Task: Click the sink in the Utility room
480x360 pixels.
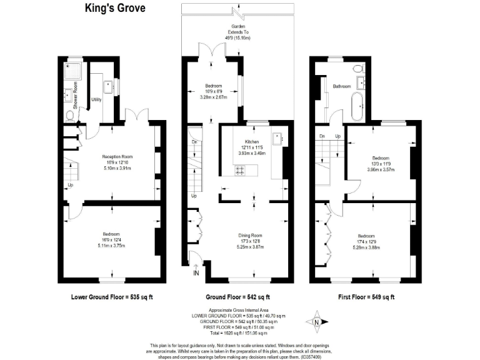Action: [107, 86]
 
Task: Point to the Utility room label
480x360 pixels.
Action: [96, 99]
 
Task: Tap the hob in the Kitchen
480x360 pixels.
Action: [239, 169]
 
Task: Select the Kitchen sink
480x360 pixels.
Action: [277, 138]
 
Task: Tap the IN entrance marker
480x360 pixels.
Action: [196, 273]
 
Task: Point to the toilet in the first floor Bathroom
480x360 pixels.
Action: [357, 68]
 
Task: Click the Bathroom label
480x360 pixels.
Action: [341, 86]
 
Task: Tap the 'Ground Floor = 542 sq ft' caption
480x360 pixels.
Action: [237, 296]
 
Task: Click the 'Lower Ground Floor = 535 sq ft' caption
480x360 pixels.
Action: [112, 296]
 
